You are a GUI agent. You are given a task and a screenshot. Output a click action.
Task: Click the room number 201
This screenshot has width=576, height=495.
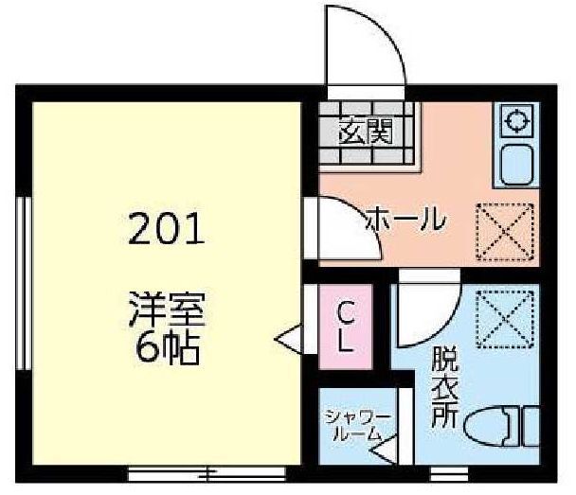point(166,229)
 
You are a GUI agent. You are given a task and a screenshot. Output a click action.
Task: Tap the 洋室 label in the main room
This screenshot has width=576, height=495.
point(167,309)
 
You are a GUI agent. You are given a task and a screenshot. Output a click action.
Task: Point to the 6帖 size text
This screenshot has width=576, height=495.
point(168,348)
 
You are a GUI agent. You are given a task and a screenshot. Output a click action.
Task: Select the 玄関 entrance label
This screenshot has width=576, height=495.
point(366,131)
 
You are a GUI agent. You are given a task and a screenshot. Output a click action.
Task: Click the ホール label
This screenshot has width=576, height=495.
point(405,219)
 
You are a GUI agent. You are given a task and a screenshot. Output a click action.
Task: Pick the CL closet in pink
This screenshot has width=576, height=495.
point(345,327)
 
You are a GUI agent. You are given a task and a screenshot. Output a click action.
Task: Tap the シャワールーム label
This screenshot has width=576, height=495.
point(357,426)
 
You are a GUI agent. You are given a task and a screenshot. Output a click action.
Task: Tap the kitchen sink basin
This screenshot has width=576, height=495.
point(517,165)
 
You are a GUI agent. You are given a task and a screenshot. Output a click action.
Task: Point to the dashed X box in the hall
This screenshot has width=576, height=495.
point(505,232)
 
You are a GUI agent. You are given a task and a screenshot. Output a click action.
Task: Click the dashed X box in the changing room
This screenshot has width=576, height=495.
point(505,320)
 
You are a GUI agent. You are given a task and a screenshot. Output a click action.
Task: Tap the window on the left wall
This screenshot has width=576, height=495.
point(24,283)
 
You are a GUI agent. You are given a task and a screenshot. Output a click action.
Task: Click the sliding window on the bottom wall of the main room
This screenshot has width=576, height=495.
point(207,473)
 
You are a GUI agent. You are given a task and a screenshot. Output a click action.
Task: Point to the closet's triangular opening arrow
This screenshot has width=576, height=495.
point(288,340)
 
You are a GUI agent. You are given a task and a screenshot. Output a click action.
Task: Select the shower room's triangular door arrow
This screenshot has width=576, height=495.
point(384,449)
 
